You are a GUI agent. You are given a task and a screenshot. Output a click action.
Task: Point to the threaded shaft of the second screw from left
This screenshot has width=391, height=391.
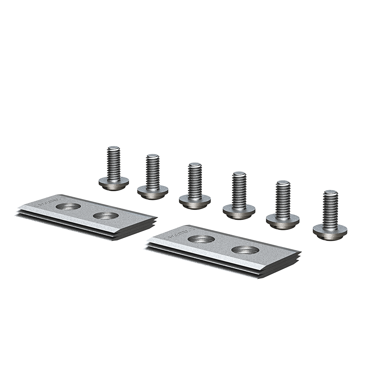point(152,170)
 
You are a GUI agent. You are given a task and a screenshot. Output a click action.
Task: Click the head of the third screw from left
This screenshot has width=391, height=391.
point(195,200)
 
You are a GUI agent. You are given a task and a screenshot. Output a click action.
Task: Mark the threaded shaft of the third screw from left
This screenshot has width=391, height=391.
point(195,179)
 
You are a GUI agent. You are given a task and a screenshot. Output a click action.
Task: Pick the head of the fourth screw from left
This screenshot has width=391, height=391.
point(239,209)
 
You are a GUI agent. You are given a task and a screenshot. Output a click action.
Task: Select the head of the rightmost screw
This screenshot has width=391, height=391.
point(330,229)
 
